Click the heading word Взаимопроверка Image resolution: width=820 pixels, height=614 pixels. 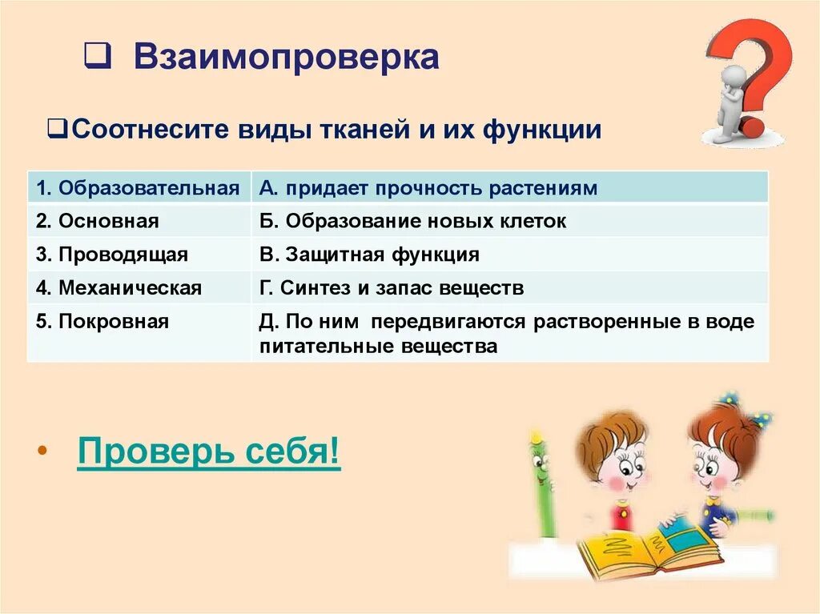(x=286, y=58)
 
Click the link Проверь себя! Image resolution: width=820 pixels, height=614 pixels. (x=208, y=454)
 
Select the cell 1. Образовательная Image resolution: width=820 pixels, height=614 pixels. (x=139, y=188)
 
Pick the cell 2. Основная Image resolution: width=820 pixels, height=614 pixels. (x=139, y=221)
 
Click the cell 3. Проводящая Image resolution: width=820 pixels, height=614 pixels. (x=139, y=255)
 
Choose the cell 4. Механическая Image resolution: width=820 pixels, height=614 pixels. (x=139, y=287)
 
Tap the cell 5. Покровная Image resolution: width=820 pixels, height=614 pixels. (x=139, y=322)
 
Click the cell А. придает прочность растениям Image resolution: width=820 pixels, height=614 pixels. (x=509, y=188)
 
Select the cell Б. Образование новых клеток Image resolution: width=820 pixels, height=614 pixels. (x=509, y=221)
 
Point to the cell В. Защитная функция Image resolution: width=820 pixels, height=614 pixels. (x=509, y=255)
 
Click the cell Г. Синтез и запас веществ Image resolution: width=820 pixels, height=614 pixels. (x=509, y=287)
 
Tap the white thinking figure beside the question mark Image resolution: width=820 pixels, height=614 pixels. (x=730, y=104)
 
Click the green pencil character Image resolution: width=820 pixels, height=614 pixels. (x=542, y=480)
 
